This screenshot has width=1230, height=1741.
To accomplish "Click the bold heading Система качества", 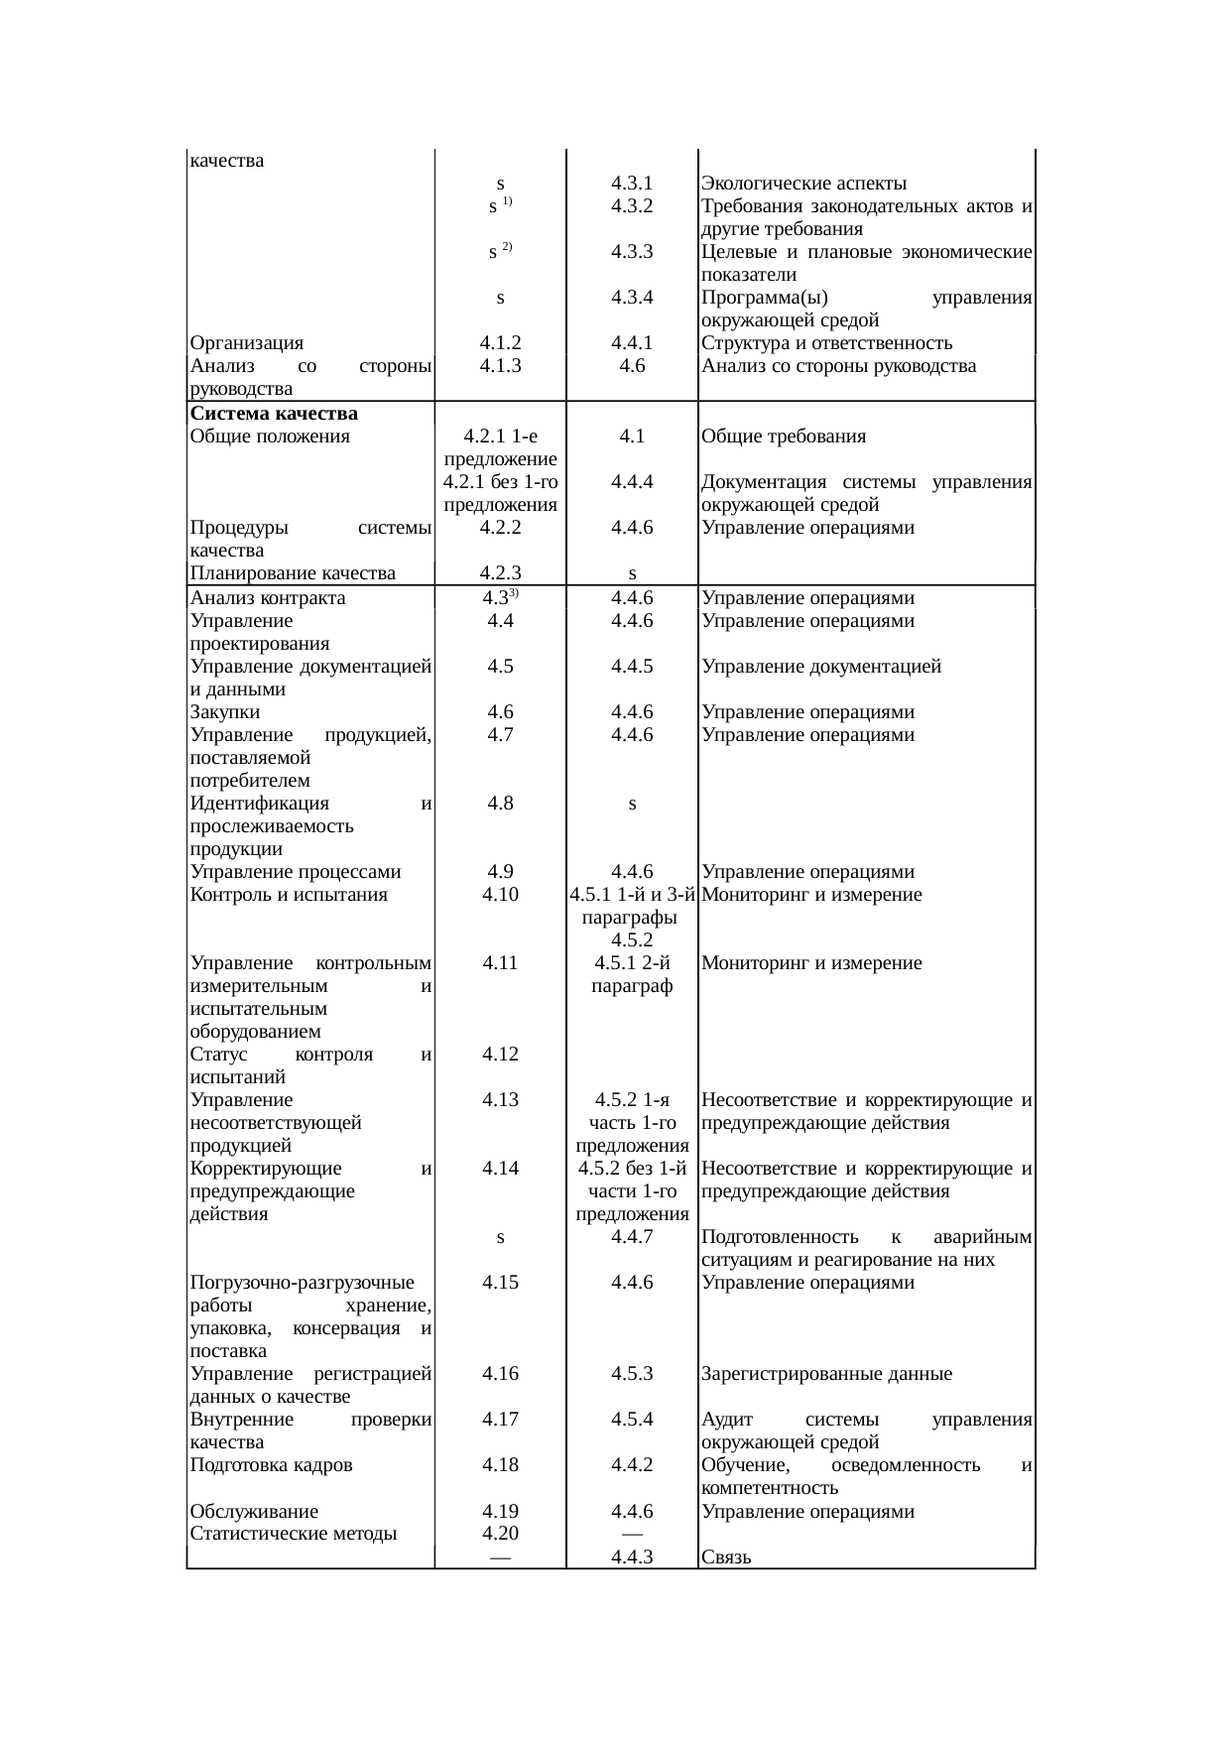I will pyautogui.click(x=274, y=413).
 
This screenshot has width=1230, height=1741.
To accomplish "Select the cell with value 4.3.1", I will pyautogui.click(x=631, y=184).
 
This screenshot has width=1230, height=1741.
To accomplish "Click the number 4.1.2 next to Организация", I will pyautogui.click(x=500, y=343).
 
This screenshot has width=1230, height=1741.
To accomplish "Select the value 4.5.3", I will pyautogui.click(x=631, y=1374).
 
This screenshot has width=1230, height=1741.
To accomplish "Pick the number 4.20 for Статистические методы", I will pyautogui.click(x=500, y=1534).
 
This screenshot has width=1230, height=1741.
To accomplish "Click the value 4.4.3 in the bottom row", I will pyautogui.click(x=631, y=1556).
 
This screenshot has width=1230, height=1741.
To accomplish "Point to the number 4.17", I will pyautogui.click(x=500, y=1420).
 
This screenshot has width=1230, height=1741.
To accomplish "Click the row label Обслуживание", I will pyautogui.click(x=254, y=1512).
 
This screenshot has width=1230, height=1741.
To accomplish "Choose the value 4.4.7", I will pyautogui.click(x=631, y=1237).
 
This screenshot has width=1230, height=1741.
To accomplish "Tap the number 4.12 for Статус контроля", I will pyautogui.click(x=500, y=1054).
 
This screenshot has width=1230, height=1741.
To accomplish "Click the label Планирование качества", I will pyautogui.click(x=293, y=572).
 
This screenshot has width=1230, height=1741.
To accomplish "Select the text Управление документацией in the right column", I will pyautogui.click(x=821, y=667).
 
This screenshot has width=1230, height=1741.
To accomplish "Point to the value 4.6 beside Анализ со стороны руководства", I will pyautogui.click(x=631, y=366).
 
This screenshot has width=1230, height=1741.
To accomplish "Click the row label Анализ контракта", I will pyautogui.click(x=268, y=598).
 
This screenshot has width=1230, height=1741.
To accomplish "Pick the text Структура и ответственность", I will pyautogui.click(x=826, y=343).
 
